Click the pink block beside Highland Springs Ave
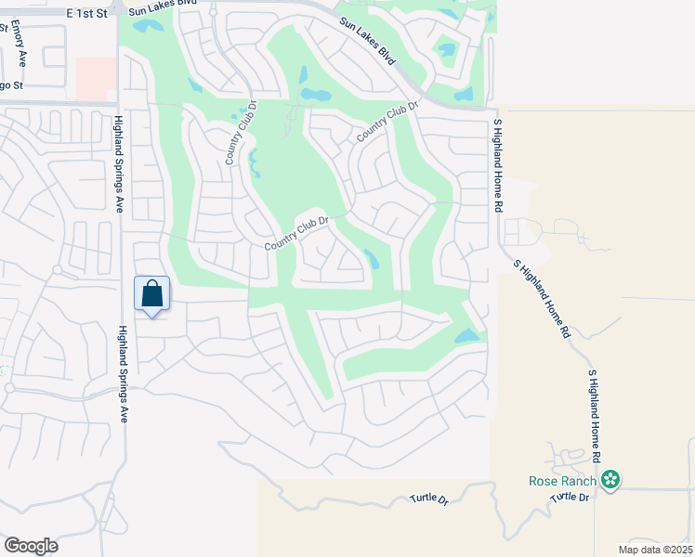click(96, 79)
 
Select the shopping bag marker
click(152, 294)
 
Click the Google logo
click(31, 546)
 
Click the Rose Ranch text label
click(563, 481)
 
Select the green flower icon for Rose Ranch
click(610, 480)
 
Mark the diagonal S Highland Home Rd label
click(542, 298)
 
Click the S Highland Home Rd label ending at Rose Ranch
click(594, 417)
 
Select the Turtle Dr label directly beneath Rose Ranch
click(570, 498)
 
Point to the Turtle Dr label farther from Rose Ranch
click(429, 499)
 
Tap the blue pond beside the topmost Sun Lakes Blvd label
click(147, 26)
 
